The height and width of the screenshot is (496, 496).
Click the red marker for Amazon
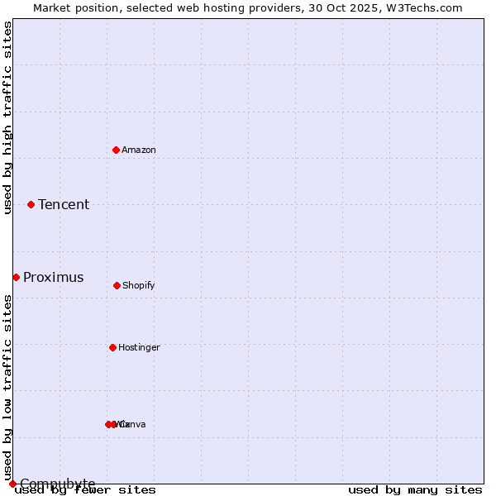tap(116, 150)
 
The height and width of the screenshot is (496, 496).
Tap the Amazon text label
tap(139, 150)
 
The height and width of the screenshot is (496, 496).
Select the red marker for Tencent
tap(31, 204)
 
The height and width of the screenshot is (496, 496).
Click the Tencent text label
tap(64, 205)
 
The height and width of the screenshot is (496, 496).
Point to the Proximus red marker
tap(16, 277)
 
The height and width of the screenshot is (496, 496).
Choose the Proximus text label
tap(53, 278)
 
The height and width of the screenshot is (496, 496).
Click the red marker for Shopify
tap(117, 285)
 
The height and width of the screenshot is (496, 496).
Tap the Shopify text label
tap(139, 286)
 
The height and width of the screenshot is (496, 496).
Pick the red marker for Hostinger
tap(112, 347)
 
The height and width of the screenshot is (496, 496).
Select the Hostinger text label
tap(139, 348)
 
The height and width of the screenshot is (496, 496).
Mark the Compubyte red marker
tap(12, 484)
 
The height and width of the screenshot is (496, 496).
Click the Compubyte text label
tap(57, 484)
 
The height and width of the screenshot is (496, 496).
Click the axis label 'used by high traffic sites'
tap(7, 117)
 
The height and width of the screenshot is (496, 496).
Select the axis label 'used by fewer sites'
tap(85, 490)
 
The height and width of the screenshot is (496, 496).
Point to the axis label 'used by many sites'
tap(415, 490)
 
